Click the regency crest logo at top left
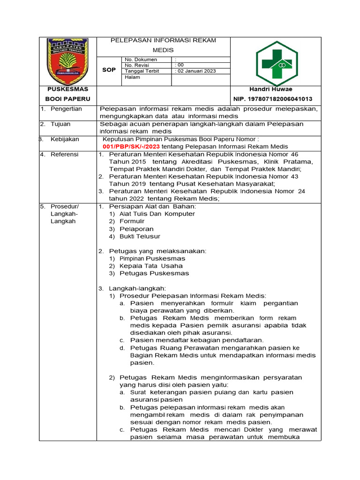[67, 60]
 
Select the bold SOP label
[109, 69]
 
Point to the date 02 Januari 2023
[195, 71]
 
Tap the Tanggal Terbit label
[142, 71]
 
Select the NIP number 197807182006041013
[273, 99]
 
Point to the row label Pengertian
[66, 109]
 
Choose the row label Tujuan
[62, 124]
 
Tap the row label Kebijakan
[65, 139]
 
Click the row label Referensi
[65, 154]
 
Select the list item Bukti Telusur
[140, 236]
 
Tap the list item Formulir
[132, 221]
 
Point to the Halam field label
[132, 78]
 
